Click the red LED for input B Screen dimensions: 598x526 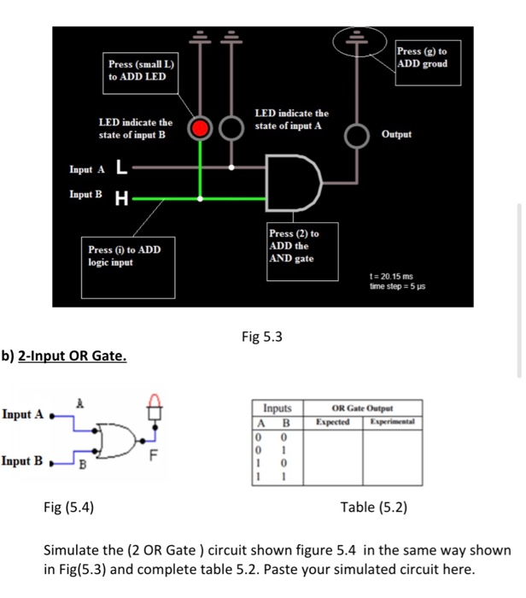[x=201, y=129]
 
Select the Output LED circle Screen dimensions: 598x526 [x=355, y=135]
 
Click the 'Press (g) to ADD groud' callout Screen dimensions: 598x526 [x=428, y=59]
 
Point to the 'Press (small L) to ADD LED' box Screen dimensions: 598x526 [x=140, y=71]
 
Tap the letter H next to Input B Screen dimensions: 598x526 [x=121, y=200]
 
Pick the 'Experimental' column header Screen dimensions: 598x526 [x=391, y=422]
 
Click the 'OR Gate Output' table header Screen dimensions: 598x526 [x=364, y=409]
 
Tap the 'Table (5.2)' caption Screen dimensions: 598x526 [x=373, y=507]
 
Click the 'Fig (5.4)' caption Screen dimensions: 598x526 [x=69, y=507]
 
